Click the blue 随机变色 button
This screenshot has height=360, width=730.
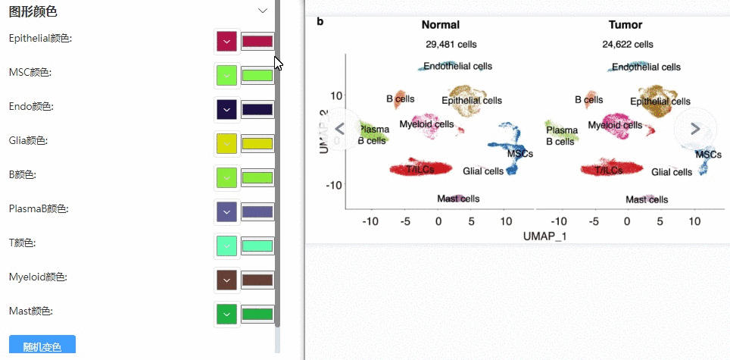(42, 346)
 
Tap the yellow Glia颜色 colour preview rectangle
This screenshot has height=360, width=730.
(257, 144)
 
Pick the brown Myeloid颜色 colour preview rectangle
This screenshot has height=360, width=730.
(257, 280)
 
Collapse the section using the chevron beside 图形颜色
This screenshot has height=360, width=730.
(263, 11)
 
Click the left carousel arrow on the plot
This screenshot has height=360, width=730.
(339, 129)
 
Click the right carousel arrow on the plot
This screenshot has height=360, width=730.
(695, 129)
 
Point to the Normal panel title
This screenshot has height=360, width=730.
(441, 25)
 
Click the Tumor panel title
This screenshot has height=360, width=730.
(625, 25)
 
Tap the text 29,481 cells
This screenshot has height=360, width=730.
(451, 45)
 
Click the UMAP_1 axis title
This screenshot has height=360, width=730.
(544, 236)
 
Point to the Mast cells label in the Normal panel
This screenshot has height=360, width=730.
(458, 199)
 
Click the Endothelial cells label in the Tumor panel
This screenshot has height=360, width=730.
(646, 67)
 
